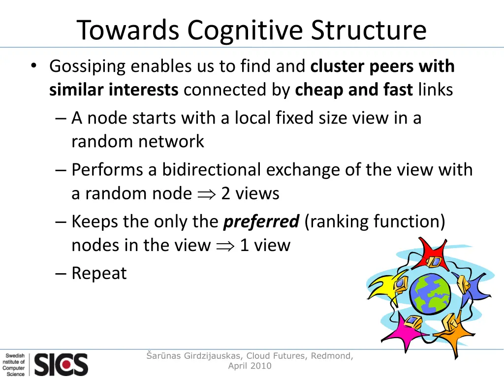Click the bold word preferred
[261, 221]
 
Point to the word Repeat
[99, 273]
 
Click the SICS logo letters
[61, 365]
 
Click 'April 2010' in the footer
[250, 366]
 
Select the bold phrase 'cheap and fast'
[354, 90]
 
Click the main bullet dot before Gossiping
[33, 66]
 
